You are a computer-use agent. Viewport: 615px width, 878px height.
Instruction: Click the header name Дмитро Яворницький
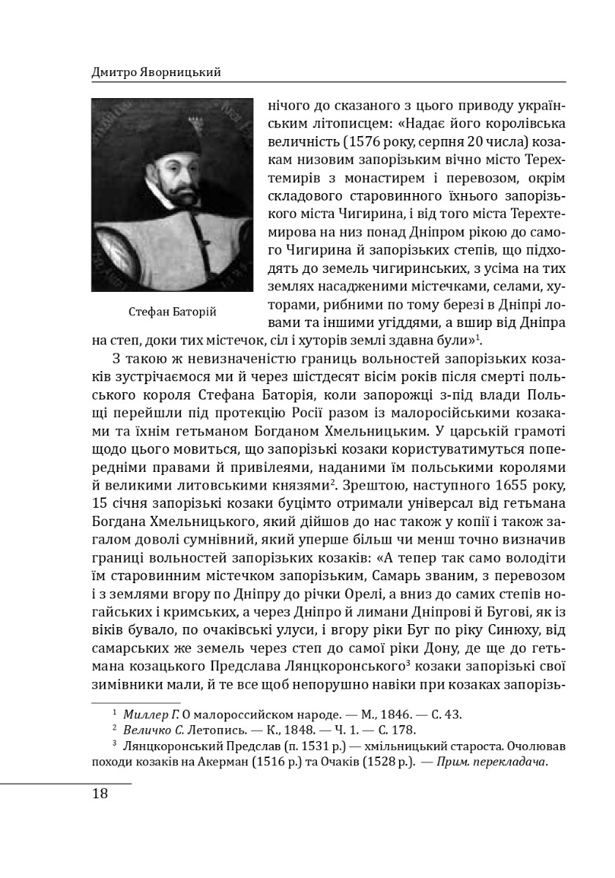coord(156,72)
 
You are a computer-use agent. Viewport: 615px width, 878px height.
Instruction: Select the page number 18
coord(100,794)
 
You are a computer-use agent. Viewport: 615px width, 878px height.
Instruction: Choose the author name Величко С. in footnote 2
coord(153,729)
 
